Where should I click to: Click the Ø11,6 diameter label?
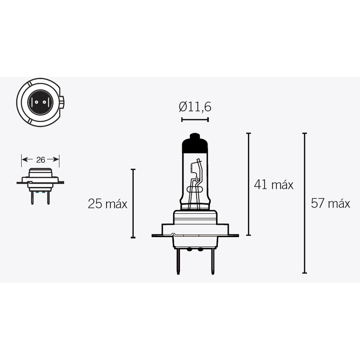click(195, 107)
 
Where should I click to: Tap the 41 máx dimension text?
click(274, 184)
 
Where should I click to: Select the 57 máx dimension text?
click(330, 203)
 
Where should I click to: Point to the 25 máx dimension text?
click(108, 204)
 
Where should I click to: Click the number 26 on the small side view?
click(40, 159)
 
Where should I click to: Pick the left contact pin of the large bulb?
click(178, 261)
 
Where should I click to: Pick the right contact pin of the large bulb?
click(211, 261)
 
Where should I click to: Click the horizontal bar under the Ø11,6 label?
click(195, 120)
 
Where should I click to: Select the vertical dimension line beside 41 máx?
click(249, 184)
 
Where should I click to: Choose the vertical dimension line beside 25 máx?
click(133, 203)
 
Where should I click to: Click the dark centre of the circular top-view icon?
click(40, 101)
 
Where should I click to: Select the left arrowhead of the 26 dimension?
click(24, 159)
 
